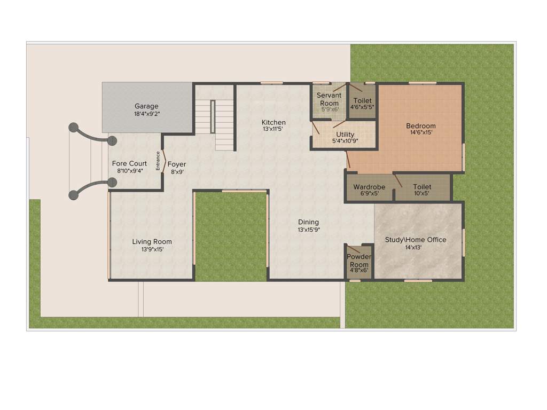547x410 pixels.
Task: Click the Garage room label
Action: tap(146, 106)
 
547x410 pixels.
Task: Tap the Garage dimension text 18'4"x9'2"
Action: tap(146, 114)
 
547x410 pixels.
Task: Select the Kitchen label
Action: tap(273, 122)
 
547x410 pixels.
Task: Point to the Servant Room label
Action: tap(329, 99)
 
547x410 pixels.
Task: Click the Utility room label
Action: tap(346, 134)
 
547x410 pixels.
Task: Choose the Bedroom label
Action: tap(421, 126)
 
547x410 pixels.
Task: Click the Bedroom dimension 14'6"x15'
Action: tap(421, 133)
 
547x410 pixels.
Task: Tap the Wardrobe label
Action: tap(369, 187)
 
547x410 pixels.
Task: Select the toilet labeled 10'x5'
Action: tap(422, 190)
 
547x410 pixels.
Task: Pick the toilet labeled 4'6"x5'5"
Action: tap(362, 104)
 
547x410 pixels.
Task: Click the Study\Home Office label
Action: tap(416, 240)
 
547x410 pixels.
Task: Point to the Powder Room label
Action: tap(359, 261)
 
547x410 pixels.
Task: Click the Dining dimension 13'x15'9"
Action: tap(309, 230)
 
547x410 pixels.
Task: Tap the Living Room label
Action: tap(152, 242)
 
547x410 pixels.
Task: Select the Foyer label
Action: tap(177, 164)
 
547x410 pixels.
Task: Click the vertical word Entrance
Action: tap(158, 161)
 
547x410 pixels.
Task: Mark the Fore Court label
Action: tap(129, 163)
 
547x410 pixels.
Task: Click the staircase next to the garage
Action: tap(214, 117)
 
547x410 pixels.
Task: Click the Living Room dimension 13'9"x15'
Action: tap(152, 249)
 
